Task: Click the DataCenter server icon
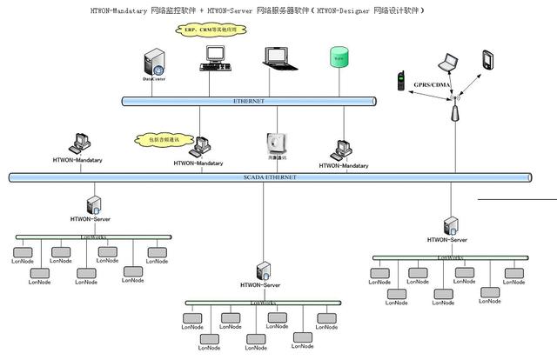coord(154,63)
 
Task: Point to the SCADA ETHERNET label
coord(270,177)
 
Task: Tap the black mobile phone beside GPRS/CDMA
coord(401,81)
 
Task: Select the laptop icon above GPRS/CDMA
coord(447,63)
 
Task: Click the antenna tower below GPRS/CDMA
coord(453,110)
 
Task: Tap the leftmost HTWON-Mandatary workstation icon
coord(79,143)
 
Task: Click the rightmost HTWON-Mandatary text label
coord(343,165)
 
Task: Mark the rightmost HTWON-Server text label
coord(447,239)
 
